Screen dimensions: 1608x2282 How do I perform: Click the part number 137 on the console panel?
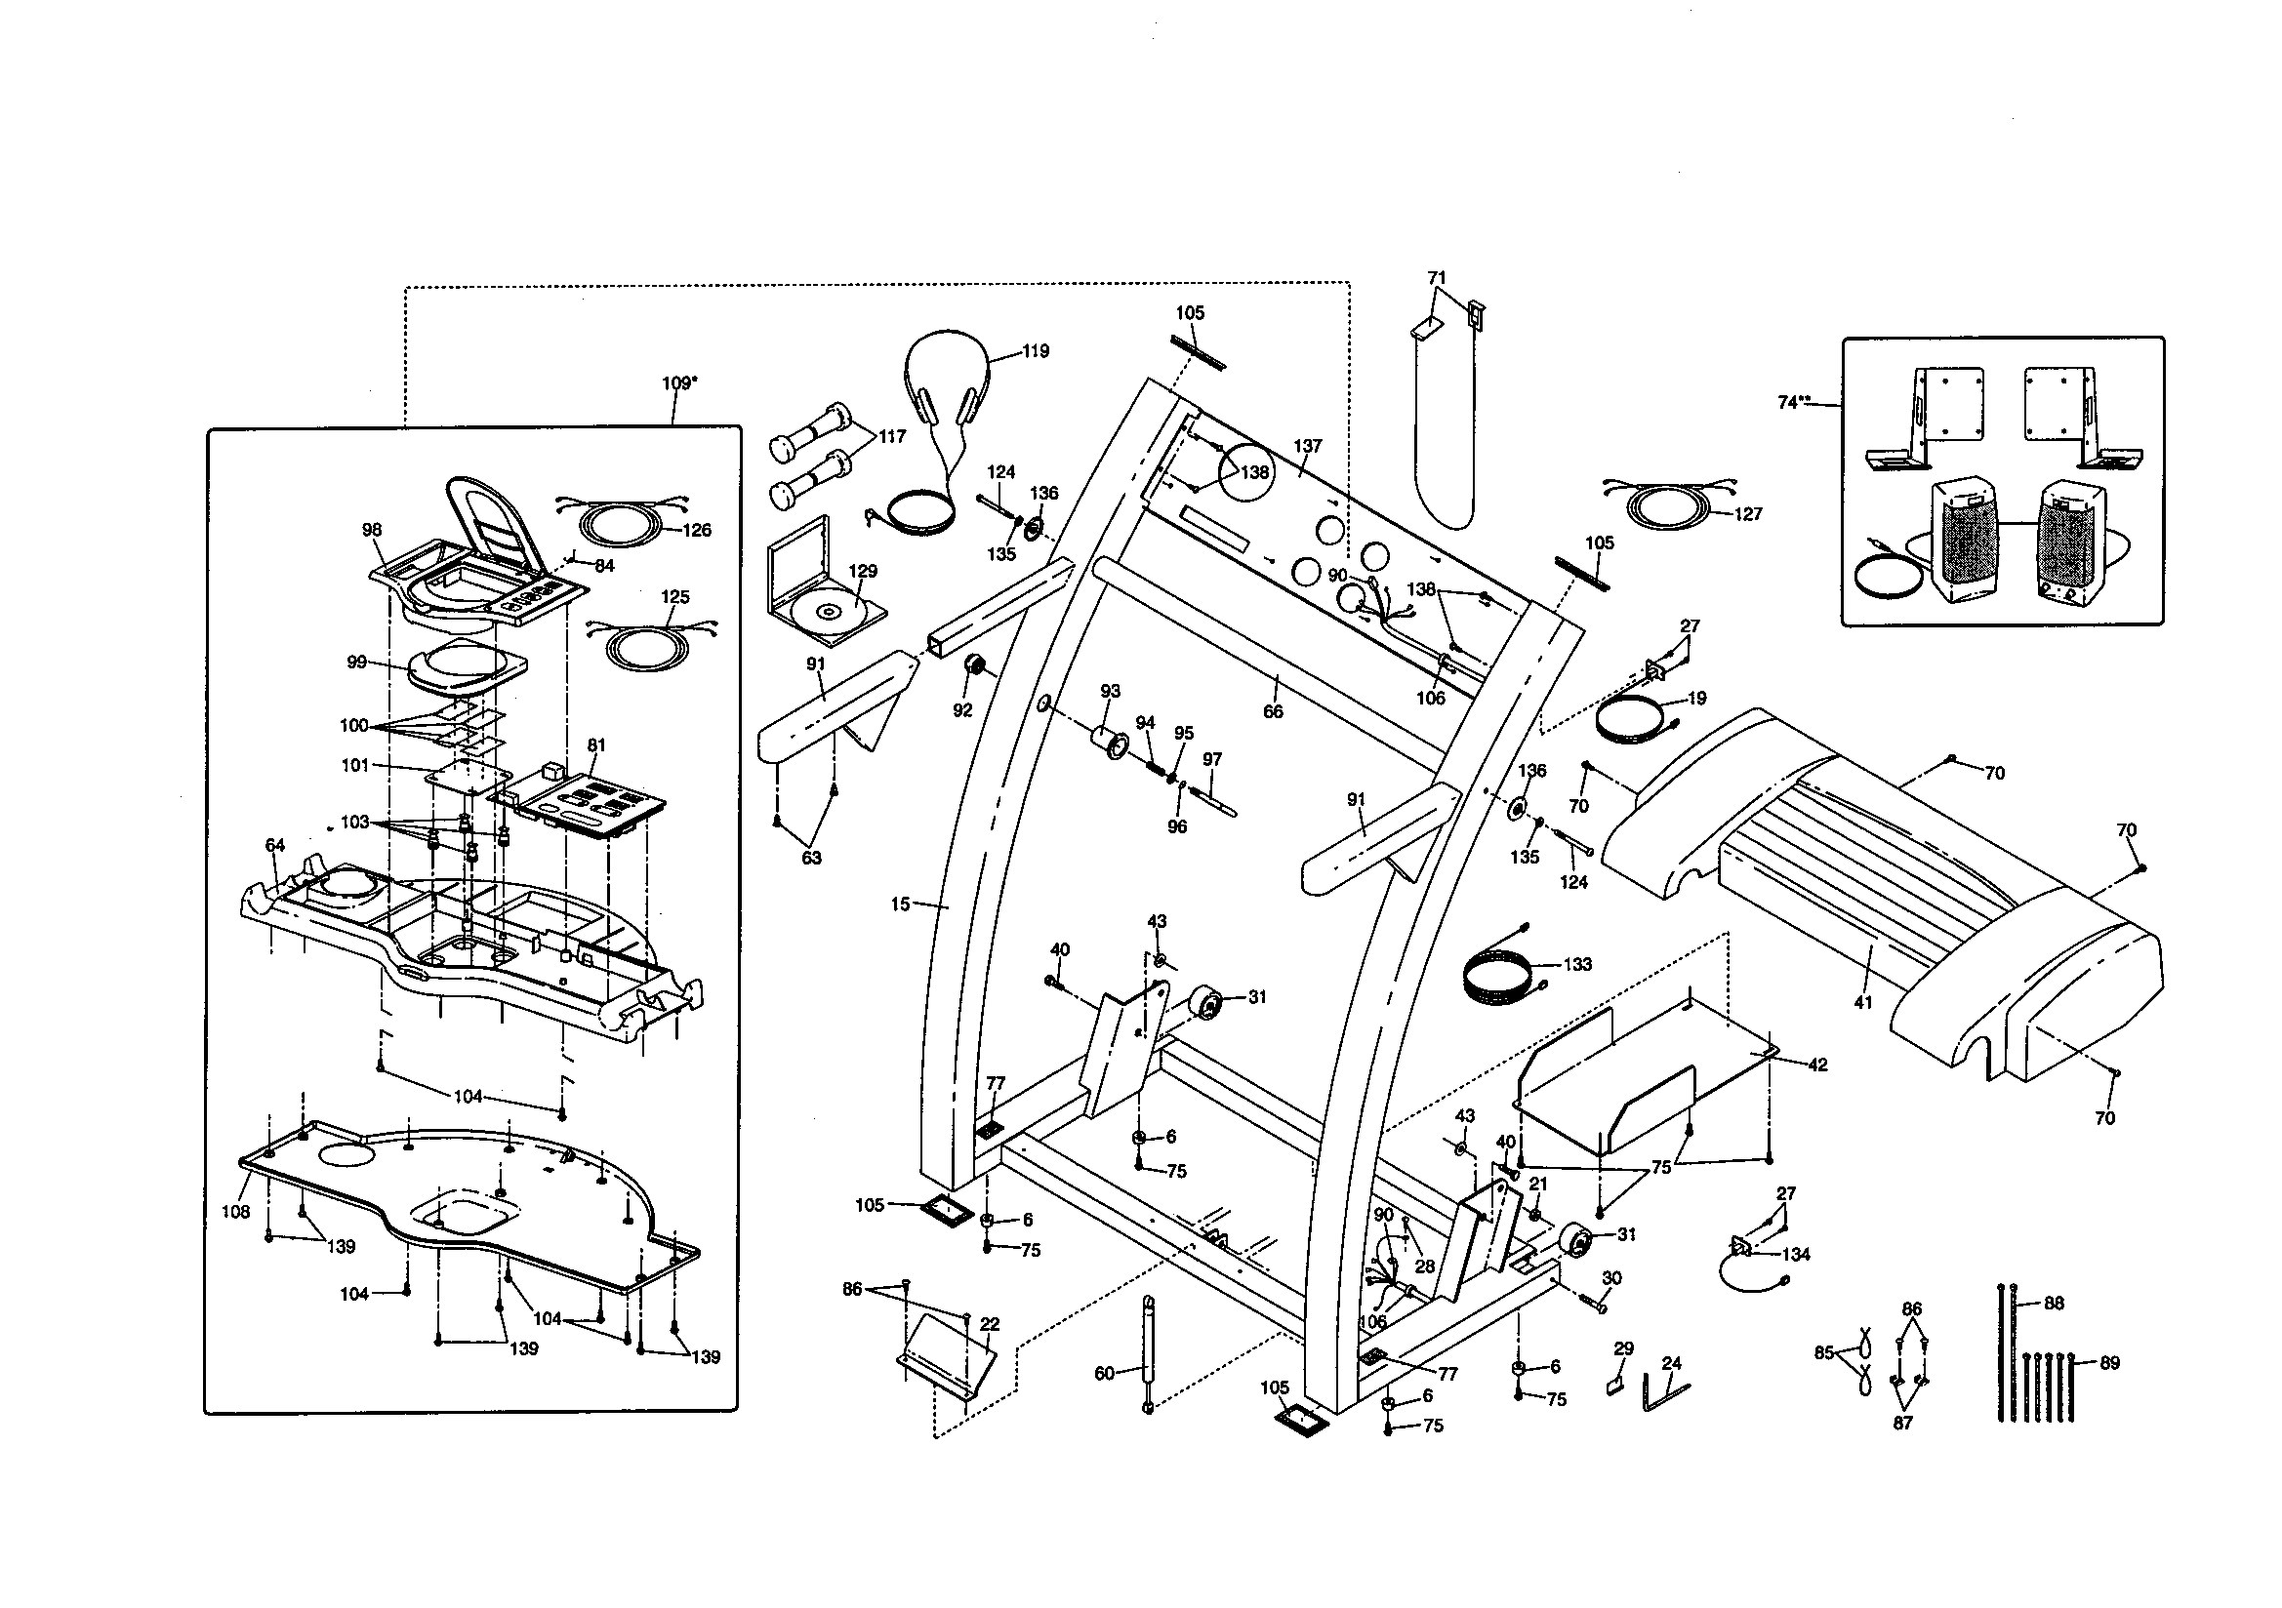1308,446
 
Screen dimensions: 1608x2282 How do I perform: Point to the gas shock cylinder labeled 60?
1149,1351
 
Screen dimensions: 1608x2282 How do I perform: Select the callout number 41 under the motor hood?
1862,1003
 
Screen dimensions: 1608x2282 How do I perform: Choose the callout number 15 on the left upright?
900,904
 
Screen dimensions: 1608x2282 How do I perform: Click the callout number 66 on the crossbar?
1273,711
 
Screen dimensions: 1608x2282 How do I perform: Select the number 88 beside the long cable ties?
2055,1303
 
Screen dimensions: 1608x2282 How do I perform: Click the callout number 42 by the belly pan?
1816,1065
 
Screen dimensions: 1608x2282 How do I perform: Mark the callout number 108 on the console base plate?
236,1212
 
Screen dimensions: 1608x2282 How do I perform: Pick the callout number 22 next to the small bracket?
990,1325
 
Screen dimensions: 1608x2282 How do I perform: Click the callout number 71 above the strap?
1437,278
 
